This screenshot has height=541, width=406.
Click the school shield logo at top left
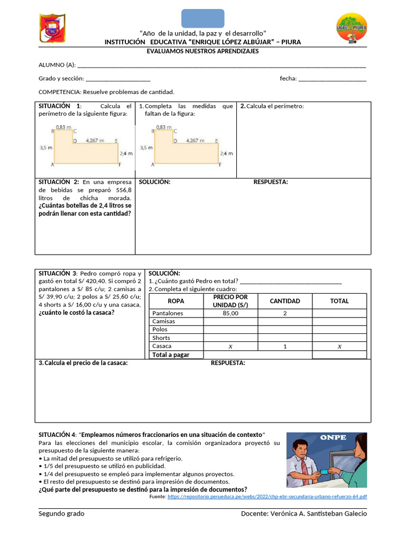coord(52,29)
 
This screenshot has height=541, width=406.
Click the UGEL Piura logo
coord(352,29)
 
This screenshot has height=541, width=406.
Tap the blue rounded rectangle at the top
coord(203,18)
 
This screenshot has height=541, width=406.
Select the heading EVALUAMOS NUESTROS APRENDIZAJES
coord(202,51)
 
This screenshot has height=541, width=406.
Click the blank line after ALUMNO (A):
coord(222,66)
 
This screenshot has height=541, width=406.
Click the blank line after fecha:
coord(332,79)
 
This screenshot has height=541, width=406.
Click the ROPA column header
coord(176,301)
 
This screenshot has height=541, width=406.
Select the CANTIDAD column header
coord(284,301)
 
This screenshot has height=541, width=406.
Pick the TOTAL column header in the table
coord(339,301)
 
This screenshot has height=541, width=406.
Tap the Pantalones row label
coord(168,313)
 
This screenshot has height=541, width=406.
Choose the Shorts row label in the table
coord(161,338)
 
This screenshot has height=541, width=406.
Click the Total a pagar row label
coord(171,355)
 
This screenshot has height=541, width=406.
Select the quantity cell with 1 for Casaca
coord(284,347)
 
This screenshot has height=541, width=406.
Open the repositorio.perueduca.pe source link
coord(266,497)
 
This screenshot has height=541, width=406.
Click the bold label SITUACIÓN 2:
coord(59,182)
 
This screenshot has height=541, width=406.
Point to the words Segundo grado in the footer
coord(61,514)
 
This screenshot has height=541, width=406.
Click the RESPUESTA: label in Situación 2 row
coord(271,182)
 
